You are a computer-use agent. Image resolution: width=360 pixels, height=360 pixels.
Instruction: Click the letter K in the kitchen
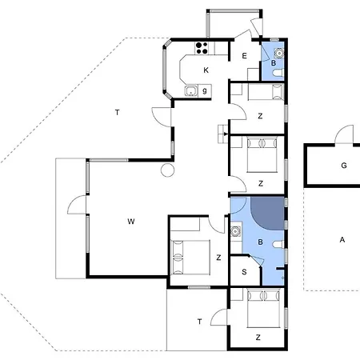pyautogui.click(x=206, y=71)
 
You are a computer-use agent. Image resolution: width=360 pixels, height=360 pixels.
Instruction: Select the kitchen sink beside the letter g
pyautogui.click(x=192, y=91)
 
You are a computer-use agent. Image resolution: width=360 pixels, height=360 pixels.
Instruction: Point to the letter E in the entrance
pyautogui.click(x=244, y=56)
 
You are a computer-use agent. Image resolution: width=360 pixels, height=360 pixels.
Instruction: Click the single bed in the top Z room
pyautogui.click(x=263, y=93)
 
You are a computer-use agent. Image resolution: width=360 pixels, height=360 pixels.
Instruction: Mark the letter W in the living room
pyautogui.click(x=129, y=221)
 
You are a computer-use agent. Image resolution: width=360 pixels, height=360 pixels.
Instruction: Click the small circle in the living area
pyautogui.click(x=166, y=170)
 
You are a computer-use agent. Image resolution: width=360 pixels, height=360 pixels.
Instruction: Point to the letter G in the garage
pyautogui.click(x=343, y=166)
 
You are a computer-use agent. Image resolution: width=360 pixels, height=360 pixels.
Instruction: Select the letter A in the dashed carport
pyautogui.click(x=342, y=240)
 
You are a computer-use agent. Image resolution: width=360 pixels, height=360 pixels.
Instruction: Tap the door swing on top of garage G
pyautogui.click(x=344, y=134)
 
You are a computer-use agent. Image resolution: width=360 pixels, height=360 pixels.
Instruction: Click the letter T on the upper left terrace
pyautogui.click(x=117, y=113)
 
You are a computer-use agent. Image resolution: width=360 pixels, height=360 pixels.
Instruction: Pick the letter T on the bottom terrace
pyautogui.click(x=200, y=321)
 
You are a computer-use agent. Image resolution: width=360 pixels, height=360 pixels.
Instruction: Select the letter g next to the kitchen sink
pyautogui.click(x=206, y=90)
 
